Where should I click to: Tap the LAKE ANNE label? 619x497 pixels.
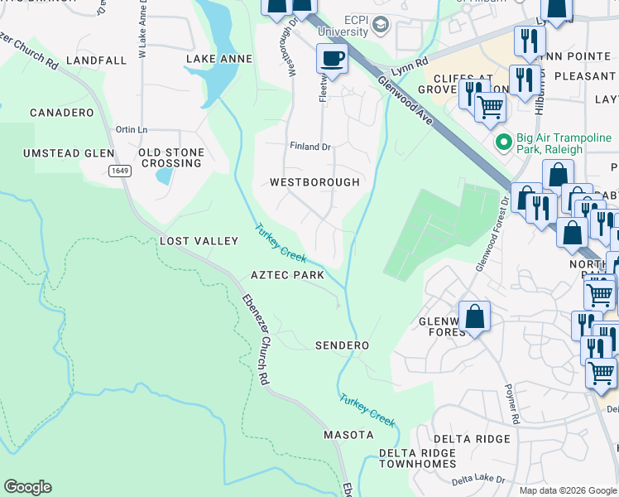click(x=218, y=59)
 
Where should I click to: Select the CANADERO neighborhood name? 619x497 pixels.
click(x=62, y=112)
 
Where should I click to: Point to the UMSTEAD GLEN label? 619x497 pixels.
click(x=69, y=153)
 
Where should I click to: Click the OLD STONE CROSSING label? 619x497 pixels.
click(x=170, y=158)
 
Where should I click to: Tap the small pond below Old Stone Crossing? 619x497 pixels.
click(x=164, y=176)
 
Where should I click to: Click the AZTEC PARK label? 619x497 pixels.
click(x=287, y=274)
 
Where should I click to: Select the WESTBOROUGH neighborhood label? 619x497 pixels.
click(x=314, y=181)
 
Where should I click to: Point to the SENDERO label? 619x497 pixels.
click(x=342, y=345)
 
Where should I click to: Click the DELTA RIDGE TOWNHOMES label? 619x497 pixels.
click(x=417, y=458)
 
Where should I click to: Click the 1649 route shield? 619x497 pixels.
click(x=120, y=171)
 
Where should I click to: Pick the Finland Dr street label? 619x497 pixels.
click(x=310, y=147)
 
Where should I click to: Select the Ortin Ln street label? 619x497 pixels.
click(x=132, y=129)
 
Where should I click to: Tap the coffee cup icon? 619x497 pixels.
click(x=332, y=59)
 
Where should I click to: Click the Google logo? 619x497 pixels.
click(x=27, y=487)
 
